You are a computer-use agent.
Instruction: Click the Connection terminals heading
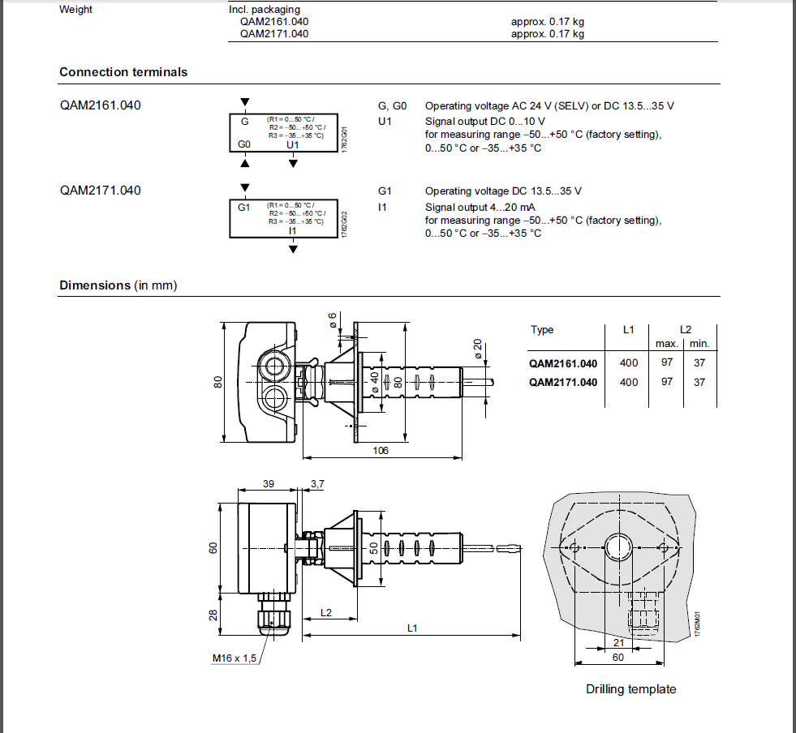(123, 72)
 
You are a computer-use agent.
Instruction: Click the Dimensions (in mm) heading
(118, 285)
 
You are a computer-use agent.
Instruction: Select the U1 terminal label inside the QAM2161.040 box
(293, 144)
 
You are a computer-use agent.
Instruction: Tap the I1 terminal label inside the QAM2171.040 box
(293, 230)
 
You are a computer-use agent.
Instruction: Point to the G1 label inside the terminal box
(244, 207)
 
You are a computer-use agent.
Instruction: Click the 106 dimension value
(381, 450)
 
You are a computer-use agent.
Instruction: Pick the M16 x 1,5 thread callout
(234, 658)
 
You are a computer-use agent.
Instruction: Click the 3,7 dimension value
(317, 483)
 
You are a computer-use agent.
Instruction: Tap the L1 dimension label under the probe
(411, 628)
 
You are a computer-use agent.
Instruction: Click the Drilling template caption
(630, 689)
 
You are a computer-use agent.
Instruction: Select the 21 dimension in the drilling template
(618, 642)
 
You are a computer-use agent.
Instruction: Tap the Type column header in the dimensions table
(542, 330)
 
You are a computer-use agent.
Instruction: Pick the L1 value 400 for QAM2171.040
(629, 382)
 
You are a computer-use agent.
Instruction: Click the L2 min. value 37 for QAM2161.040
(699, 363)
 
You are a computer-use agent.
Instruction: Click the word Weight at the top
(76, 10)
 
